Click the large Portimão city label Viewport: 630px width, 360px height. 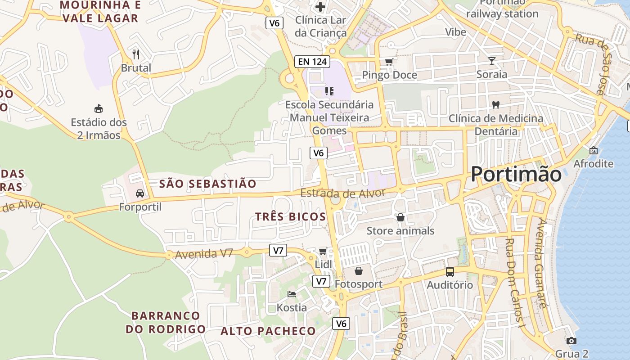tap(516, 174)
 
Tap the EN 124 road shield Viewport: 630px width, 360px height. tap(312, 61)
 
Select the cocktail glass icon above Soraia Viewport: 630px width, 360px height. tap(491, 61)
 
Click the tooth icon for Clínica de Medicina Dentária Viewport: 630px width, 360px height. tap(496, 105)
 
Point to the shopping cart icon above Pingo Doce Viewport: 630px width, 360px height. tap(389, 62)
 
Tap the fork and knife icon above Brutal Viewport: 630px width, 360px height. tap(136, 54)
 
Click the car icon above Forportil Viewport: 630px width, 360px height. tap(140, 193)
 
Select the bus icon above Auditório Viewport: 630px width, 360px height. tap(450, 271)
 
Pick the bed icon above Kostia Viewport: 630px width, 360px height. tap(292, 294)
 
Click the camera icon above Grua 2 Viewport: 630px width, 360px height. tap(571, 341)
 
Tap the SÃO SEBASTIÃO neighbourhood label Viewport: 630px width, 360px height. tap(208, 184)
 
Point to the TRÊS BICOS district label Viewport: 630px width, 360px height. tap(291, 216)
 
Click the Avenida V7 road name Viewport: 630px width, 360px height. tap(204, 254)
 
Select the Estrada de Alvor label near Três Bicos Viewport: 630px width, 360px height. tap(343, 193)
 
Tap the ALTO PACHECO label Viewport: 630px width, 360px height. tap(268, 331)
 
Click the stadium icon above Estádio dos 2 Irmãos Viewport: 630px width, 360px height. tap(99, 108)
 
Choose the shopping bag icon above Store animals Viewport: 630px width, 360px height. tap(400, 218)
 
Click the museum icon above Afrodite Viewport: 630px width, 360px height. tap(593, 150)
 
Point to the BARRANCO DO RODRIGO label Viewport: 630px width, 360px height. tap(166, 322)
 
